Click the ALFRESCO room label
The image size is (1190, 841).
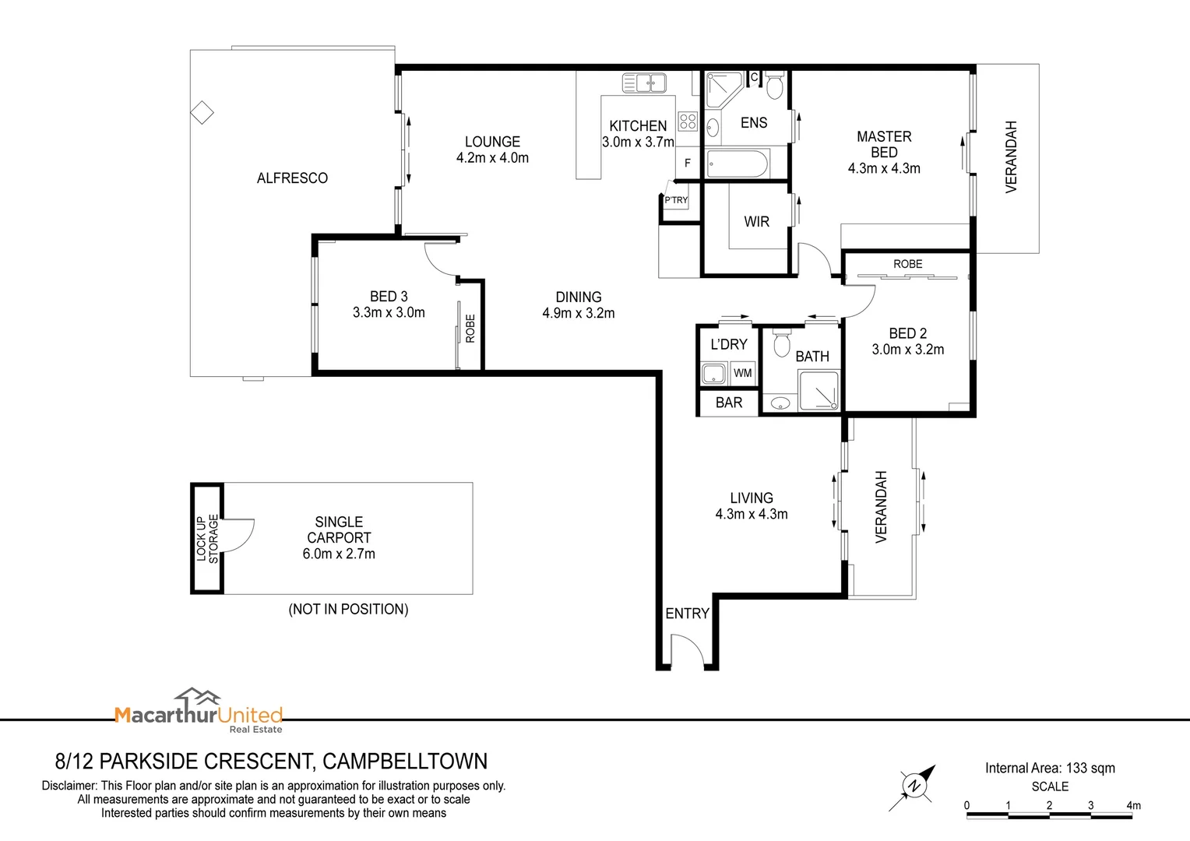292,178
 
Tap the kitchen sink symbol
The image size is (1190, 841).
644,82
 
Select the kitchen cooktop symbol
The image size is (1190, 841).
688,121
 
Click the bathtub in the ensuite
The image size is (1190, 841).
737,164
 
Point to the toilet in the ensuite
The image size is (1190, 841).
774,86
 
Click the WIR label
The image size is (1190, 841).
756,222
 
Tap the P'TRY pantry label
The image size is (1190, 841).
676,200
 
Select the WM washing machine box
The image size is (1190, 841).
743,373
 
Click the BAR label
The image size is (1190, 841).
729,403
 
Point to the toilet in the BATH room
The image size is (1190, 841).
782,343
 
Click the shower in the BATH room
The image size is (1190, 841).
819,390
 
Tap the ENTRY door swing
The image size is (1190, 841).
687,652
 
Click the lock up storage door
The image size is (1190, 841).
238,538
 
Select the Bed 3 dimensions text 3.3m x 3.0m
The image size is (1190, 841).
389,313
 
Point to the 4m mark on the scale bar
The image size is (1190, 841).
1133,806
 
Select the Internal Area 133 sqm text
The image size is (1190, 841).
1050,769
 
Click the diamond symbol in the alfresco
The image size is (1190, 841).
202,113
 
